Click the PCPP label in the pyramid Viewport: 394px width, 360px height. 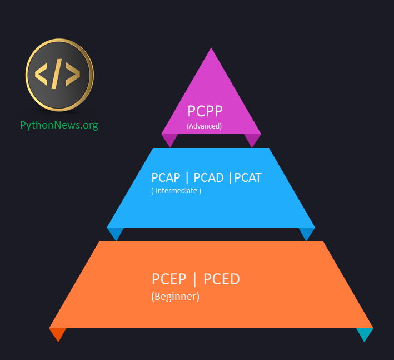(x=205, y=111)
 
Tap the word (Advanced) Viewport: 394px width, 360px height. (x=204, y=126)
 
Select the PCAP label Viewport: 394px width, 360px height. (x=166, y=177)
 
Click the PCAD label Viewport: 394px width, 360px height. (x=208, y=177)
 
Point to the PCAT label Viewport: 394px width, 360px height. (x=248, y=177)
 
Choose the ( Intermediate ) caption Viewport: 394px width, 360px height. (x=176, y=191)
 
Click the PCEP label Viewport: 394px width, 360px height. (x=169, y=279)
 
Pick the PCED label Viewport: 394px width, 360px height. (x=222, y=279)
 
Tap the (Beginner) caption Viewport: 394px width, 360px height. (x=175, y=297)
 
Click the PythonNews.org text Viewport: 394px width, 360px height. (x=59, y=125)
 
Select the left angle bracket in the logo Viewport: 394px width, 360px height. (x=42, y=75)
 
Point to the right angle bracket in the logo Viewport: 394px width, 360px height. (x=73, y=75)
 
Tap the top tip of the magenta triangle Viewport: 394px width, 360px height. (x=211, y=50)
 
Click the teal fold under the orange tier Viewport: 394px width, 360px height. (x=365, y=333)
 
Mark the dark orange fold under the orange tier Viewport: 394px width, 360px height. (x=57, y=333)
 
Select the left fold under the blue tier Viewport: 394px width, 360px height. (x=115, y=233)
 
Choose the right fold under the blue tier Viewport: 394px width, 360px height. (x=307, y=233)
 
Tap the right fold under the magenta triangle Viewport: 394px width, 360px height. (x=253, y=140)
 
